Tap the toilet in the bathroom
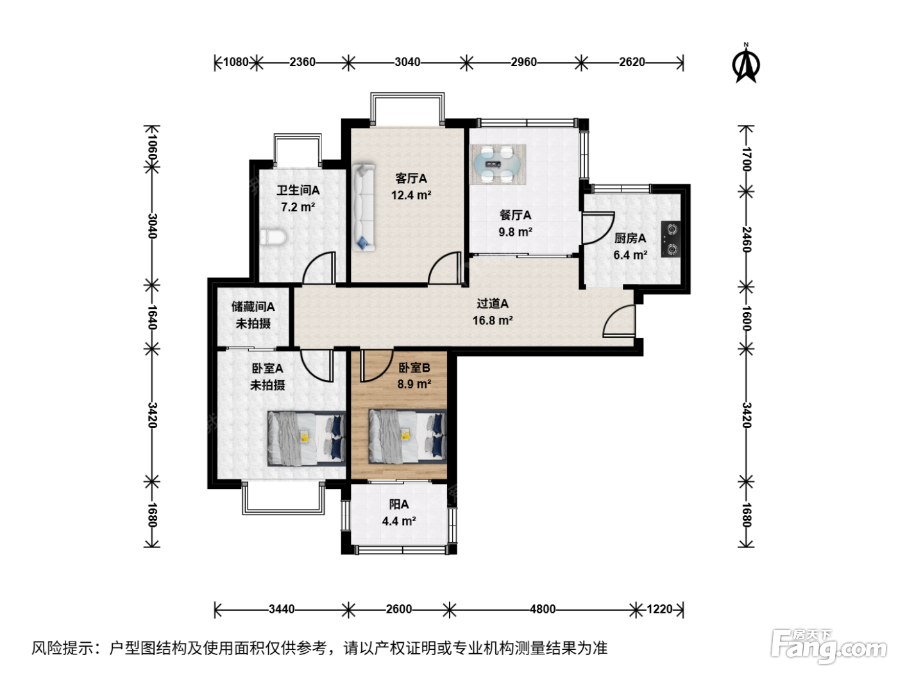pyautogui.click(x=273, y=237)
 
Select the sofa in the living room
pyautogui.click(x=364, y=208)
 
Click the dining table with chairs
pyautogui.click(x=498, y=165)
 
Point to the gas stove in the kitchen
pyautogui.click(x=672, y=239)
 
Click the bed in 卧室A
pyautogui.click(x=307, y=438)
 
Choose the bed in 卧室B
pyautogui.click(x=407, y=436)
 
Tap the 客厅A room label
pyautogui.click(x=411, y=179)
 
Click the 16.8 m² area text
pyautogui.click(x=493, y=320)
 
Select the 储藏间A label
pyautogui.click(x=253, y=306)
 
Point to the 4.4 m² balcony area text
pyautogui.click(x=399, y=521)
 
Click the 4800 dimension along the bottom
pyautogui.click(x=543, y=610)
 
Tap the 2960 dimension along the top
pyautogui.click(x=523, y=62)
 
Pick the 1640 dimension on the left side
pyautogui.click(x=152, y=317)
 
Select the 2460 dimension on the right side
pyautogui.click(x=747, y=240)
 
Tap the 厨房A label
pyautogui.click(x=630, y=238)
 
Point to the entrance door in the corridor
pyautogui.click(x=619, y=320)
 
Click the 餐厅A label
pyautogui.click(x=515, y=215)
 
